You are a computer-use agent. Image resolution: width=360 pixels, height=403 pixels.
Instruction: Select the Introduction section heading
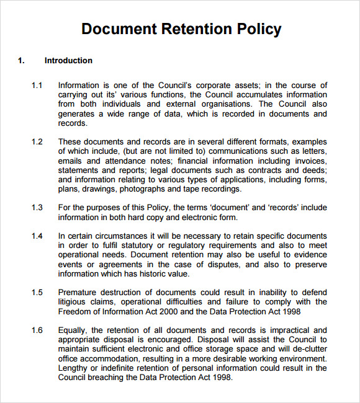point(68,61)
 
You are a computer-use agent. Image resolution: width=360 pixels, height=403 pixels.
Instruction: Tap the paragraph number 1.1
point(37,85)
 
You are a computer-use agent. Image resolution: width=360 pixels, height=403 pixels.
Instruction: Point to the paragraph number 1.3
point(37,208)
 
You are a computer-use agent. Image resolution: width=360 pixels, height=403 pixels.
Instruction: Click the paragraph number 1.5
point(37,292)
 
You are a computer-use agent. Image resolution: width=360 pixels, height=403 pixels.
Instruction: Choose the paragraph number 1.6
point(37,330)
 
